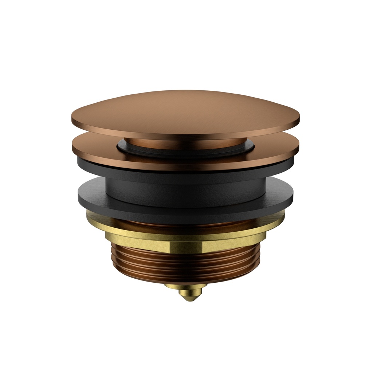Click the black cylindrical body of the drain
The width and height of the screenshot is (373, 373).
point(186,184)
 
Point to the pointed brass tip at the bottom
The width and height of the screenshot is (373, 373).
point(188,297)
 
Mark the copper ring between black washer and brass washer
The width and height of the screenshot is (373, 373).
point(186,222)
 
